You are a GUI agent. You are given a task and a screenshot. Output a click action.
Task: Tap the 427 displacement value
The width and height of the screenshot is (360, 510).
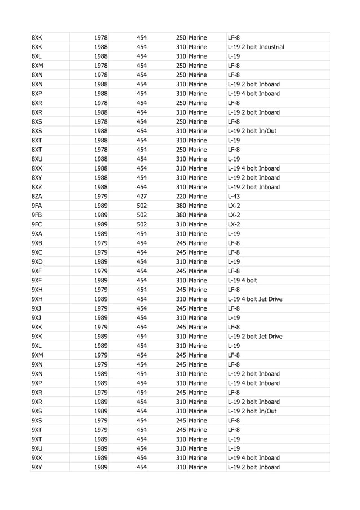pos(142,196)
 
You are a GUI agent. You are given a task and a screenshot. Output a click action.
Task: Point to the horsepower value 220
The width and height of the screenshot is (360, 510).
pos(181,196)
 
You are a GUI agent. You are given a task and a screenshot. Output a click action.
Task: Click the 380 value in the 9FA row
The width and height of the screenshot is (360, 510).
pos(181,206)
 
